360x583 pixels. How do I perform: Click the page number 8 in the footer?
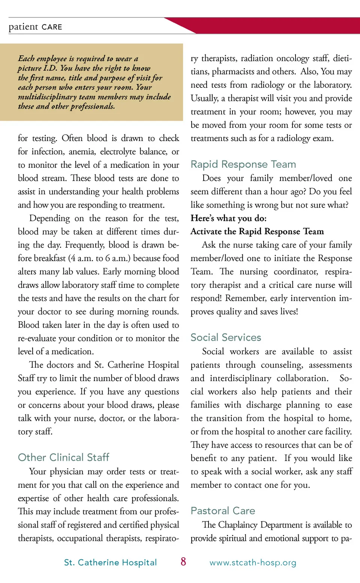(183, 562)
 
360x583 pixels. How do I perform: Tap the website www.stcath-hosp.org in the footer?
(253, 563)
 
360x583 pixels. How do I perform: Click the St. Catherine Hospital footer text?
(110, 562)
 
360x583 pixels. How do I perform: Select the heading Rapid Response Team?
(243, 164)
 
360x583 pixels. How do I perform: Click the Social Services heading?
(225, 337)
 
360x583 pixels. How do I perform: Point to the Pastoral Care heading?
(222, 511)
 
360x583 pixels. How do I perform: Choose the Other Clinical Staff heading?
(63, 457)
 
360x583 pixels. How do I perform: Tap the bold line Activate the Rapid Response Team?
(257, 231)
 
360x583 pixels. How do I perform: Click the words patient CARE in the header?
(35, 27)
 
